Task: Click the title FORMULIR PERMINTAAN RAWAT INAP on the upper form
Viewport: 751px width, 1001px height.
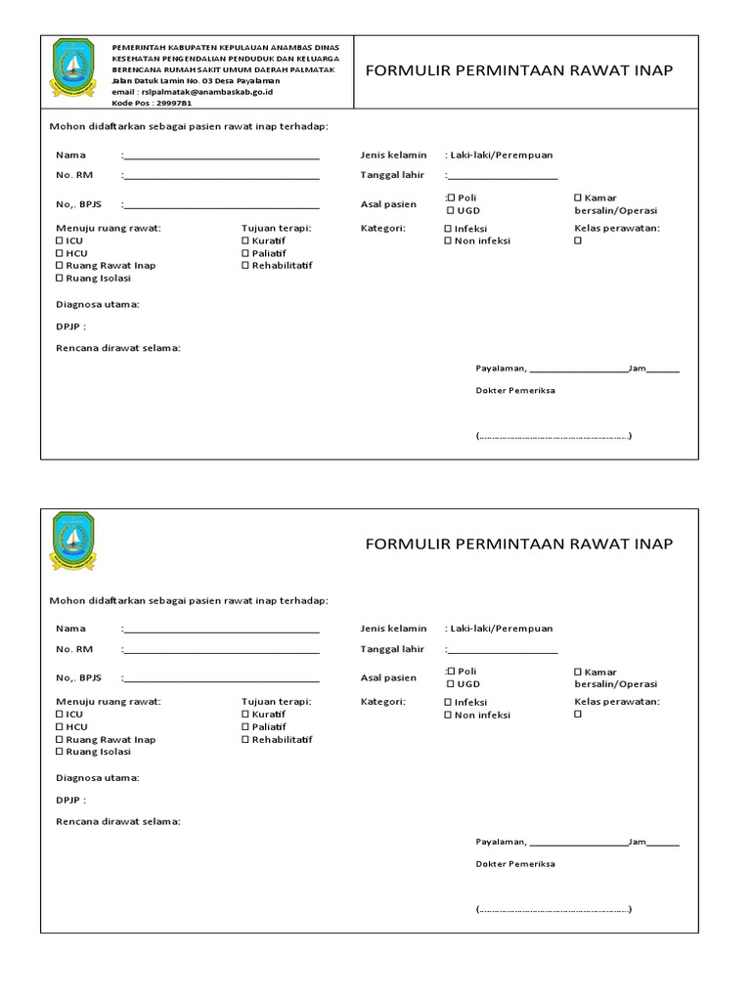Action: click(519, 71)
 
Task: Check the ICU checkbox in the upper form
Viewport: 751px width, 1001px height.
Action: click(61, 240)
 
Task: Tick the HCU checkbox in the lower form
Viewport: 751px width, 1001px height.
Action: click(61, 727)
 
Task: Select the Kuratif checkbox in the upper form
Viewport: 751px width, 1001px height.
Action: click(245, 240)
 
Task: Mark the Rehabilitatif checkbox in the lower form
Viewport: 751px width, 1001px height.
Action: click(245, 740)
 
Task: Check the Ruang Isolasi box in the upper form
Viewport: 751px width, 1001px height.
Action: click(61, 279)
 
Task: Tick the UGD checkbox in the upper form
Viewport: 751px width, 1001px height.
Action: click(451, 211)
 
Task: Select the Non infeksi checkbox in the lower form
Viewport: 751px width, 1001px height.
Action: click(449, 716)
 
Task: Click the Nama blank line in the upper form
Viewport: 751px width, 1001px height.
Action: click(221, 156)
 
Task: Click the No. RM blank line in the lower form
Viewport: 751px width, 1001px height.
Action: click(221, 650)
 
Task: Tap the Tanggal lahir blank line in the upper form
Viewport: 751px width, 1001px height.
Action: click(503, 178)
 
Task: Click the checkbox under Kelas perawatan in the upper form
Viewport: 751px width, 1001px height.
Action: click(578, 240)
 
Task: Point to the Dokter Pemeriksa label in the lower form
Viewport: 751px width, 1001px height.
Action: click(515, 864)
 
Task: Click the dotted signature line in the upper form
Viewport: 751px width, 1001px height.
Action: click(553, 436)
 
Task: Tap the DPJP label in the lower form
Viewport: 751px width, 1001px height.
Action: click(70, 800)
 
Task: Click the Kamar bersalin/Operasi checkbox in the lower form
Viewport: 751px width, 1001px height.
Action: click(578, 672)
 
